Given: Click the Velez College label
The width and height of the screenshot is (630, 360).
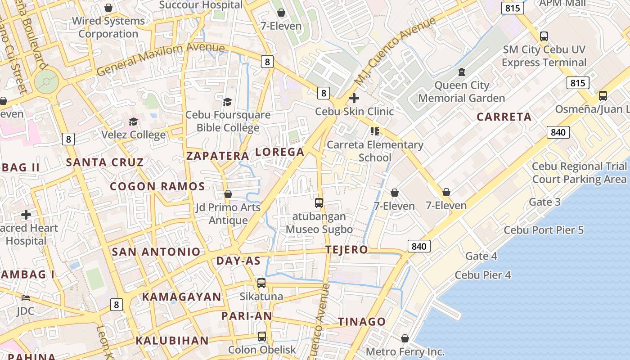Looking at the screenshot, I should [x=133, y=135].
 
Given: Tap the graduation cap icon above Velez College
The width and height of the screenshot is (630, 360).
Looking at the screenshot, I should [x=133, y=122].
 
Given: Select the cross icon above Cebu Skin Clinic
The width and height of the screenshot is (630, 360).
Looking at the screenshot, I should [x=354, y=98].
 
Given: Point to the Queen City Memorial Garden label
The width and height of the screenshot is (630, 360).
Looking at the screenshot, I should [x=462, y=92].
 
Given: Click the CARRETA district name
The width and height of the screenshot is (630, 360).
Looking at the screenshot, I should [x=504, y=117].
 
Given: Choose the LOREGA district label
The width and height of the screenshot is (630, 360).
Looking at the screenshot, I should [x=280, y=152].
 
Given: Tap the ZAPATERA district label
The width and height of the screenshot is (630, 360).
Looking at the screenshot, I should [x=218, y=156].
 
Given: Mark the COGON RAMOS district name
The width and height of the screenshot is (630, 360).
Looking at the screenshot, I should [x=157, y=186].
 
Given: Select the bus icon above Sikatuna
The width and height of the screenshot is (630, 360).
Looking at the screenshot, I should [x=261, y=283].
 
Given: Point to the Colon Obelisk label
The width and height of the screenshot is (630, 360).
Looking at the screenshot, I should [x=262, y=350].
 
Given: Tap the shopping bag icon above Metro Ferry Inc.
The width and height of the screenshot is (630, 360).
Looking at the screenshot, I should [x=405, y=338].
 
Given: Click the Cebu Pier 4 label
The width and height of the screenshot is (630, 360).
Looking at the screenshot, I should [x=483, y=275].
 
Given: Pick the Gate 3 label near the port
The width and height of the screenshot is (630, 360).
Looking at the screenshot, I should [x=544, y=202].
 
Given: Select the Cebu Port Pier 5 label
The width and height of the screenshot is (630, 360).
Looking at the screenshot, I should [x=543, y=230].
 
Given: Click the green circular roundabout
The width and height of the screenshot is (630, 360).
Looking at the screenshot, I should [x=46, y=82].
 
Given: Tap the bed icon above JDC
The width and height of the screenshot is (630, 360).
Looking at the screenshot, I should [x=26, y=298].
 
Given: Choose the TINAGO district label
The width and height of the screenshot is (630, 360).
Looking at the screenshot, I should [x=362, y=322].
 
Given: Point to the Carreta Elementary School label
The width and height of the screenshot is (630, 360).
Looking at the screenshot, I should [x=375, y=151].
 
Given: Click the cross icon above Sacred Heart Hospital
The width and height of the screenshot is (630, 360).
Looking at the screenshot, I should [x=26, y=215].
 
